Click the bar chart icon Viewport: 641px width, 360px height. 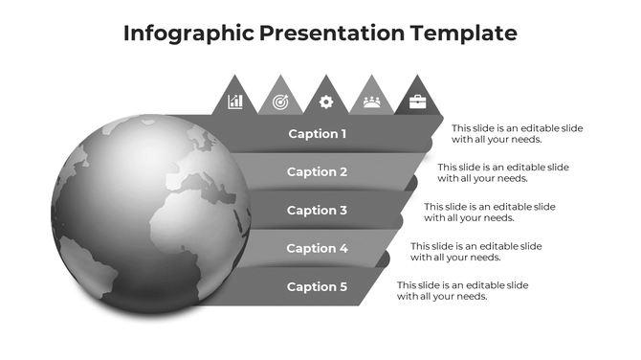(235, 101)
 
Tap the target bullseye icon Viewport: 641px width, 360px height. (280, 101)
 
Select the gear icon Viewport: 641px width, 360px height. (325, 101)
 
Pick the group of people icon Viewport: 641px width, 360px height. (371, 101)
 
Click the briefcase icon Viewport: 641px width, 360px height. (417, 101)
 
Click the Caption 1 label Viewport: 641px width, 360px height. (317, 134)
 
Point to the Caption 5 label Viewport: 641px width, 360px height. (317, 287)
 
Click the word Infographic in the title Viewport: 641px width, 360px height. (188, 34)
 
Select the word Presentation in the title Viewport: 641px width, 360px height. (331, 34)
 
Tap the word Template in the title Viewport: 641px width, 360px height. (463, 34)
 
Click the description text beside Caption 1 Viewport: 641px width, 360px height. (517, 134)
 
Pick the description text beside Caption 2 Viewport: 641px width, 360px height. (503, 172)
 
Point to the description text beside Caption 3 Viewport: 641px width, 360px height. (490, 212)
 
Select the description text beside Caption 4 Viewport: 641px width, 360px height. (476, 251)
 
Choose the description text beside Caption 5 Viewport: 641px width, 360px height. (463, 290)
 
